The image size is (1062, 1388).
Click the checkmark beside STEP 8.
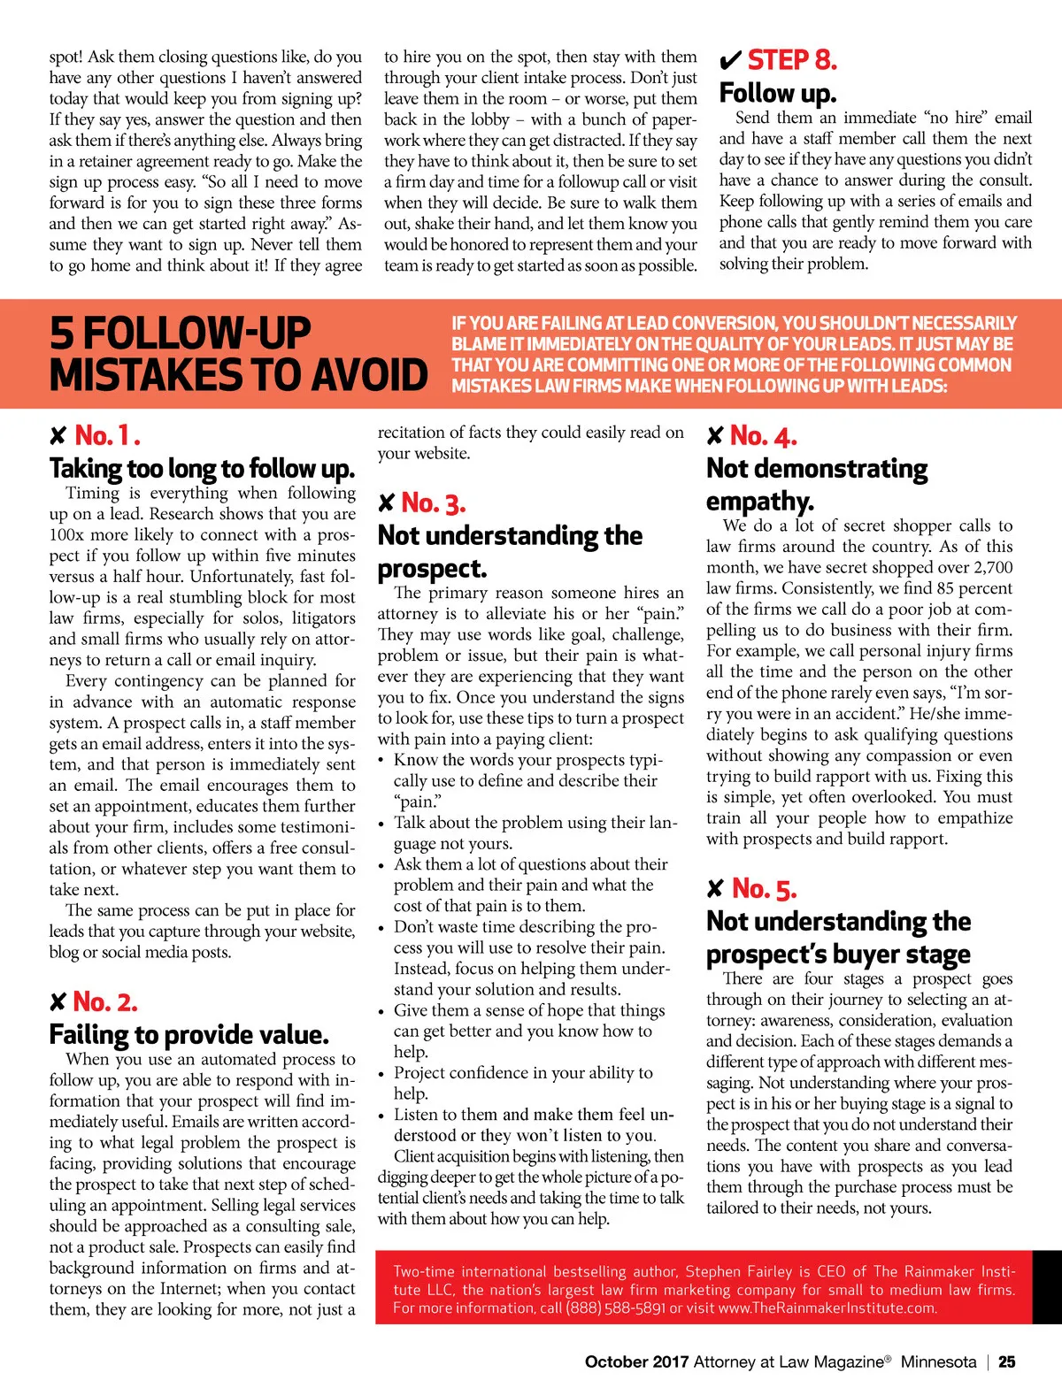730,61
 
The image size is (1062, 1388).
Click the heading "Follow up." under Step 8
777,93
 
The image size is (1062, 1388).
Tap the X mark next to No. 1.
58,435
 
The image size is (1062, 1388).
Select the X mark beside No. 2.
58,1001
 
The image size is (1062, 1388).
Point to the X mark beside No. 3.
386,503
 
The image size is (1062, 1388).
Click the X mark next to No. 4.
715,435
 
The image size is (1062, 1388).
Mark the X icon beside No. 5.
715,888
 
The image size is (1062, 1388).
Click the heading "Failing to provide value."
189,1034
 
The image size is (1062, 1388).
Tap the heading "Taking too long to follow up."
202,468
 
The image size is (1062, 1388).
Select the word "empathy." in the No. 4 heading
759,502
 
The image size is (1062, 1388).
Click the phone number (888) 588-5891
615,1307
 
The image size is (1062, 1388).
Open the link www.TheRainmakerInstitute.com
827,1307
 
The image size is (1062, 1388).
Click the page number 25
1007,1362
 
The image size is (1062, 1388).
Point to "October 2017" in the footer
636,1362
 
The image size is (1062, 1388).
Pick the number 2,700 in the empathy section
991,568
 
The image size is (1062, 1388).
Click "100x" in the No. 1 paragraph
67,535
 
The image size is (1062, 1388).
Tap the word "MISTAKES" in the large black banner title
124,375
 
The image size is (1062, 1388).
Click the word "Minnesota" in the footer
938,1362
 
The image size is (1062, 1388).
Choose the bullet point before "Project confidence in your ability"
381,1074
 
